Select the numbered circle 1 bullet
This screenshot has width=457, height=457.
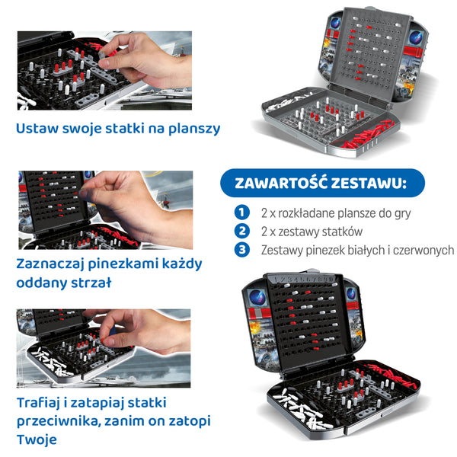[242, 213]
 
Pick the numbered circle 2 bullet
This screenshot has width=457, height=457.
[242, 231]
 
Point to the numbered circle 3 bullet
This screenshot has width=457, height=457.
[242, 250]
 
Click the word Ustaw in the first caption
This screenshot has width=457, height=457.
[37, 128]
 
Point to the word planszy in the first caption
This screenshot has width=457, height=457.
[194, 129]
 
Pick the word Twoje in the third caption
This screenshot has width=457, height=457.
[37, 439]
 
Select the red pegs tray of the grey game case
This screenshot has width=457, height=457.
[369, 136]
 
